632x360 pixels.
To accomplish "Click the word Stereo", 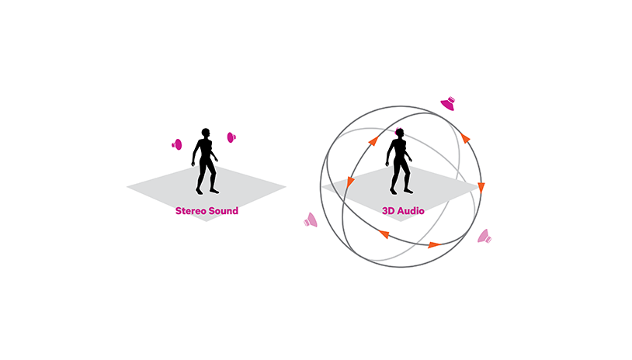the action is tap(190, 210).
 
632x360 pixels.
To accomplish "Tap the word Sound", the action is tap(223, 210).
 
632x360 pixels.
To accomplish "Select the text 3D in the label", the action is tap(388, 210).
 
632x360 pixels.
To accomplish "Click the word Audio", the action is tap(411, 210).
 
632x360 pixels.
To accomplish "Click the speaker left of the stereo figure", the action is tap(177, 144).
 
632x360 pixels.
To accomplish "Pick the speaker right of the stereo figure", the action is tap(231, 137).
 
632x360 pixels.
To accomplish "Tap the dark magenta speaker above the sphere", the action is tap(448, 103).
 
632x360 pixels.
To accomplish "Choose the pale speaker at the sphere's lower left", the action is tap(311, 220).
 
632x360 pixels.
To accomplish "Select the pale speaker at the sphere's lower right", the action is tap(484, 237).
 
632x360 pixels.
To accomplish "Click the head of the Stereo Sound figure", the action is tap(206, 133).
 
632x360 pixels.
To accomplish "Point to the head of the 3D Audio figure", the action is tap(399, 133).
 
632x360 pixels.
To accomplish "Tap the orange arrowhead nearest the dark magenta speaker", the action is tap(465, 138).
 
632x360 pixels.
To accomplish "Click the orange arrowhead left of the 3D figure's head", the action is tap(373, 141).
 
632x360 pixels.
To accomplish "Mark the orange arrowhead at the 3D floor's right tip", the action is tap(481, 187).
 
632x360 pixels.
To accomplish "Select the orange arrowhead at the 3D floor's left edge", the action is tap(350, 182).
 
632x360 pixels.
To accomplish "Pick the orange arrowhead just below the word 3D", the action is tap(384, 234).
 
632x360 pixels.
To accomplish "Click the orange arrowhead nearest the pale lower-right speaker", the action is tap(435, 245).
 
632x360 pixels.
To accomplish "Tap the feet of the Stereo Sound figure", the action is tap(207, 192).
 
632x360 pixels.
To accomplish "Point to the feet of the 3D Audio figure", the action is tap(401, 192).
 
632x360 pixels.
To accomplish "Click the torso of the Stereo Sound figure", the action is tap(206, 150).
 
